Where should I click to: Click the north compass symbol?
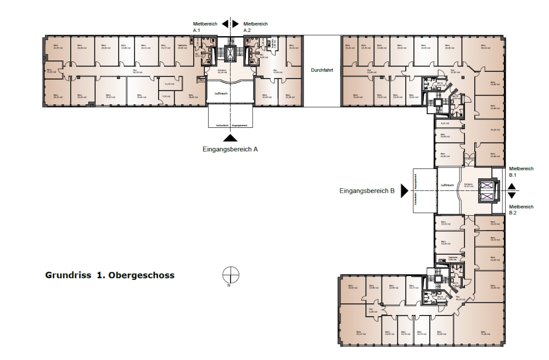pos(230,274)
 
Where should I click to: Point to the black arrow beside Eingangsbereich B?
pos(405,191)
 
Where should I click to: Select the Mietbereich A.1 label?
pos(205,27)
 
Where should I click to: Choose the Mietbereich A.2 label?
pos(255,27)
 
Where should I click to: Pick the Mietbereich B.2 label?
pos(521,209)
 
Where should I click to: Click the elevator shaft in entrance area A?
pos(230,53)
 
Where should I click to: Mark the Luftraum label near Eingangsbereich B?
pos(447,186)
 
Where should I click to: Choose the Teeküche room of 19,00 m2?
pos(183,48)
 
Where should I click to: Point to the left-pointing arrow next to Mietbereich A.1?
pos(225,24)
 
